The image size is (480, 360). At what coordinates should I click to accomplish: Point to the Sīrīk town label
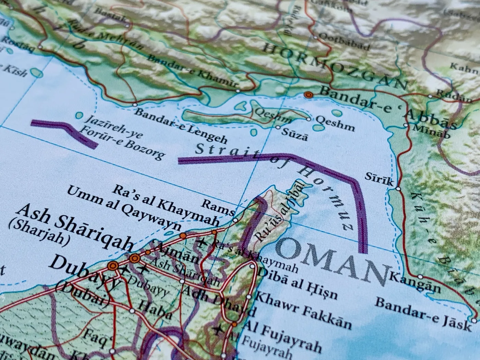(x=379, y=179)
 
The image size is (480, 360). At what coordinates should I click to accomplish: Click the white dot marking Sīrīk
(x=398, y=189)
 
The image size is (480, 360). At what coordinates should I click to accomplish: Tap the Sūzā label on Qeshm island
(x=294, y=133)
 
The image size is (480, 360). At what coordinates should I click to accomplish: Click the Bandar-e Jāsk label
(x=423, y=313)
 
